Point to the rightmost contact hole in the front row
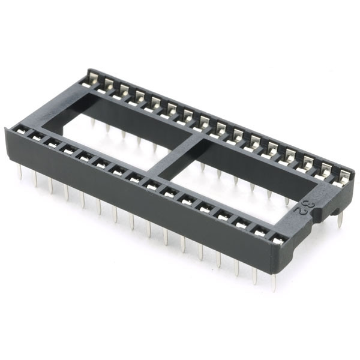pos(277,239)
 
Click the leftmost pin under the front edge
pos(20,173)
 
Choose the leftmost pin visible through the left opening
pos(92,123)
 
